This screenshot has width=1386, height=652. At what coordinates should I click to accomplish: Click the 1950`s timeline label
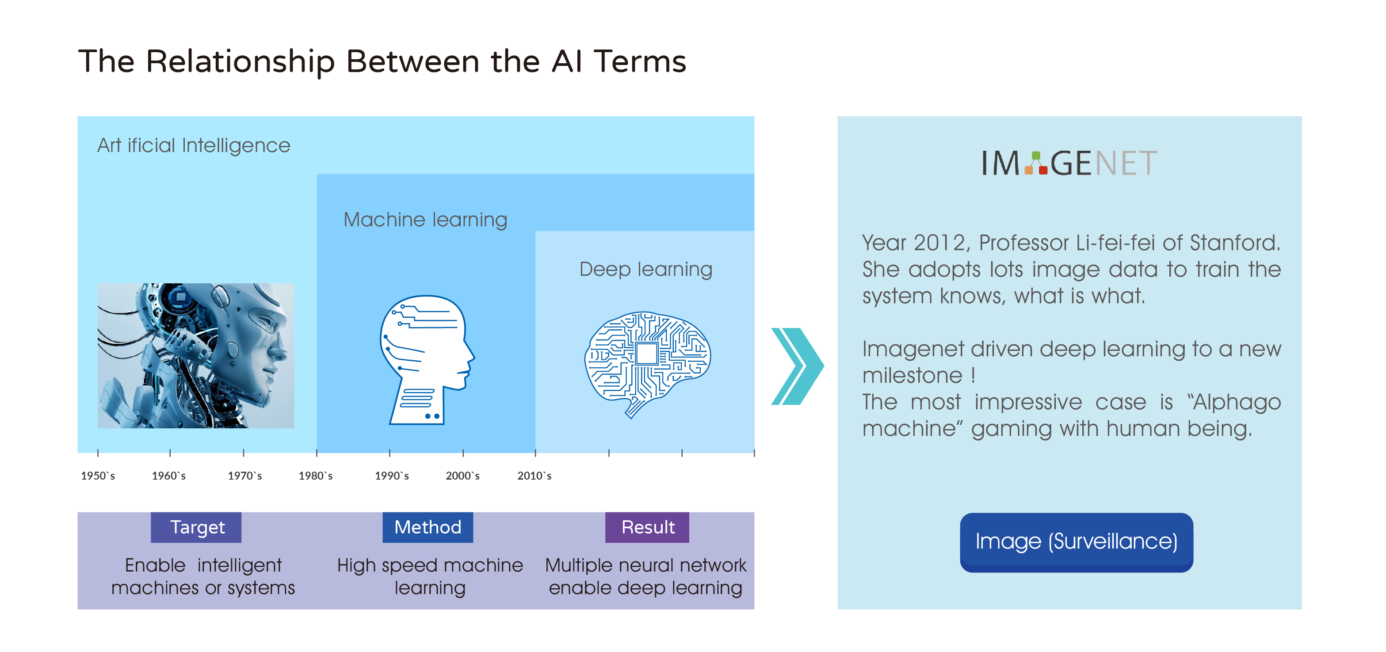pos(98,476)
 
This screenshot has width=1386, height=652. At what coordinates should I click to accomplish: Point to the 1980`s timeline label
pos(316,476)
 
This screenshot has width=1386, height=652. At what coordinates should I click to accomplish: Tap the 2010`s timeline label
pos(534,476)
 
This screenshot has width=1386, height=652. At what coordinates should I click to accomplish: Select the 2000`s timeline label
pos(463,476)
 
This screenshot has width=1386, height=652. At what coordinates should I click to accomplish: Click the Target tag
pos(196,527)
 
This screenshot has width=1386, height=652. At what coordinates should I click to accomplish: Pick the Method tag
pos(428,527)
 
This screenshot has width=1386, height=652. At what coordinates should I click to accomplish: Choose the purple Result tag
pos(647,527)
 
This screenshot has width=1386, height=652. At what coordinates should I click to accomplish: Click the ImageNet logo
pos(1069,163)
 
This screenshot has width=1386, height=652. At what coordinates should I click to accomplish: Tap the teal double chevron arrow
pos(798,366)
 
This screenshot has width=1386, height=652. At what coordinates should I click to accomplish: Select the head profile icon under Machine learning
pos(427,360)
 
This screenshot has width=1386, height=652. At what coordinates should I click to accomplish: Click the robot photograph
pos(196,355)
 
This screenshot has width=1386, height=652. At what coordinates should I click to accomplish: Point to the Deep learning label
pos(645,269)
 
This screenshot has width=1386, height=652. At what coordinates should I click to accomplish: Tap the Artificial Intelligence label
pos(194,145)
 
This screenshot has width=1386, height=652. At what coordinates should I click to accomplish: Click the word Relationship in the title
pos(241,62)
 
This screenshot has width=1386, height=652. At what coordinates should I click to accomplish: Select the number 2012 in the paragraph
pos(939,243)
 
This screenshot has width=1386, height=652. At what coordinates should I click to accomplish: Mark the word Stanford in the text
pos(1235,243)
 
